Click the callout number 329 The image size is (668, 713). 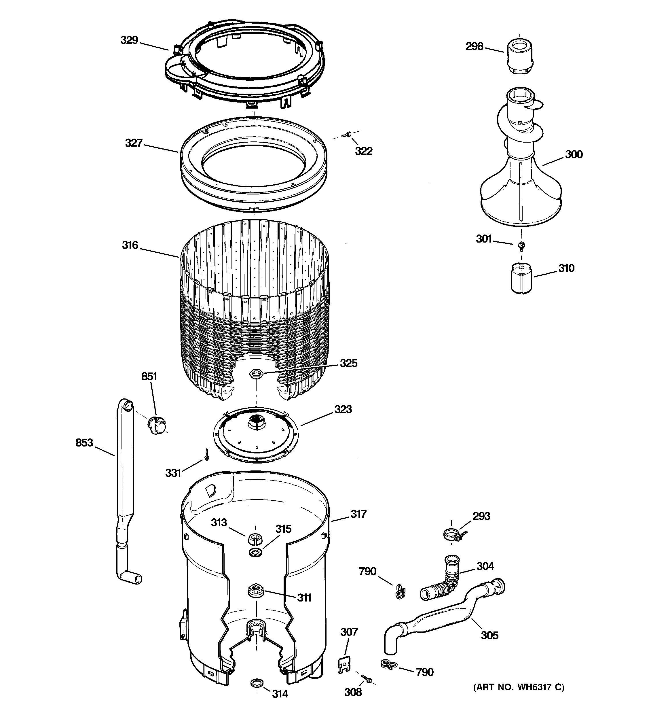click(x=129, y=40)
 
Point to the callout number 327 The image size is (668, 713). click(x=134, y=143)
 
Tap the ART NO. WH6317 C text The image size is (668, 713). click(x=519, y=688)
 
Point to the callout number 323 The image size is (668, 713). click(x=343, y=409)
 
